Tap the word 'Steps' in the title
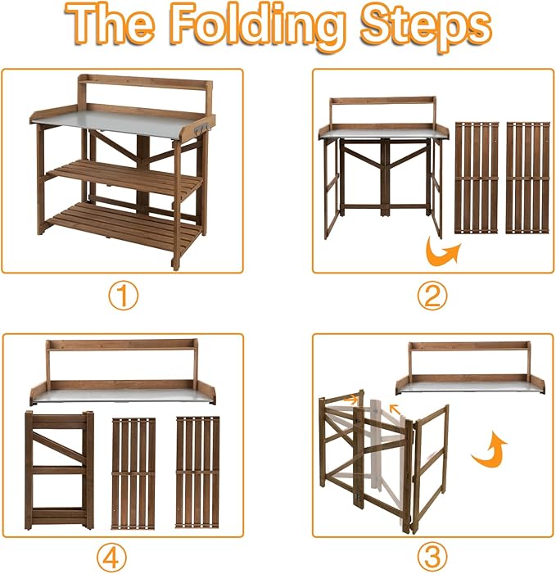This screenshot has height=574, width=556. click(x=426, y=28)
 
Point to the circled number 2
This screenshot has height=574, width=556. click(x=432, y=296)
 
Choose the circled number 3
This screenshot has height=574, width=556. click(x=432, y=556)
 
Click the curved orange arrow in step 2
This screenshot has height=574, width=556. click(x=441, y=251)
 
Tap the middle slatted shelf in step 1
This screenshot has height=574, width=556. click(x=124, y=179)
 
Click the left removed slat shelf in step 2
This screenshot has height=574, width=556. click(x=477, y=178)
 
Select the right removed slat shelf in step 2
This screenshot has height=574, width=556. click(x=528, y=178)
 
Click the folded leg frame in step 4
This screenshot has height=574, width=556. click(x=59, y=470)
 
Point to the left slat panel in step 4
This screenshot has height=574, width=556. click(x=133, y=473)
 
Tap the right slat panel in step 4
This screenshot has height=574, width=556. click(x=197, y=472)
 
